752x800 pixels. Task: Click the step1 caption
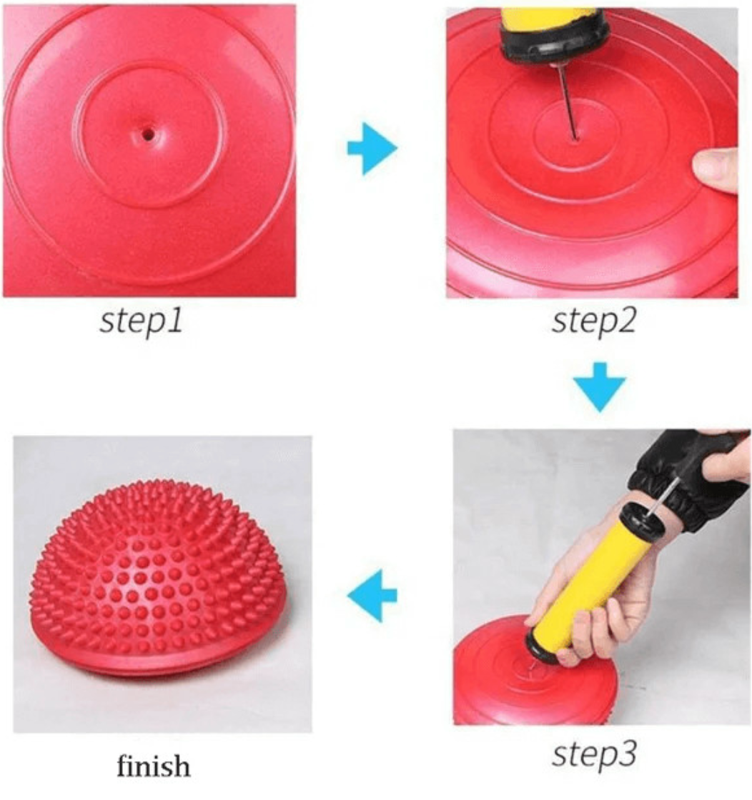click(141, 321)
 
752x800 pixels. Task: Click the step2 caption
click(594, 321)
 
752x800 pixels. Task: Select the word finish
click(153, 765)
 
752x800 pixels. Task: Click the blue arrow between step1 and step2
click(372, 149)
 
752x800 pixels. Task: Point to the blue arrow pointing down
click(599, 386)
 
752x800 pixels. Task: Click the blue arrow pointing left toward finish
click(372, 595)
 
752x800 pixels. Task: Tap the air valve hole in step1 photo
click(148, 135)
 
